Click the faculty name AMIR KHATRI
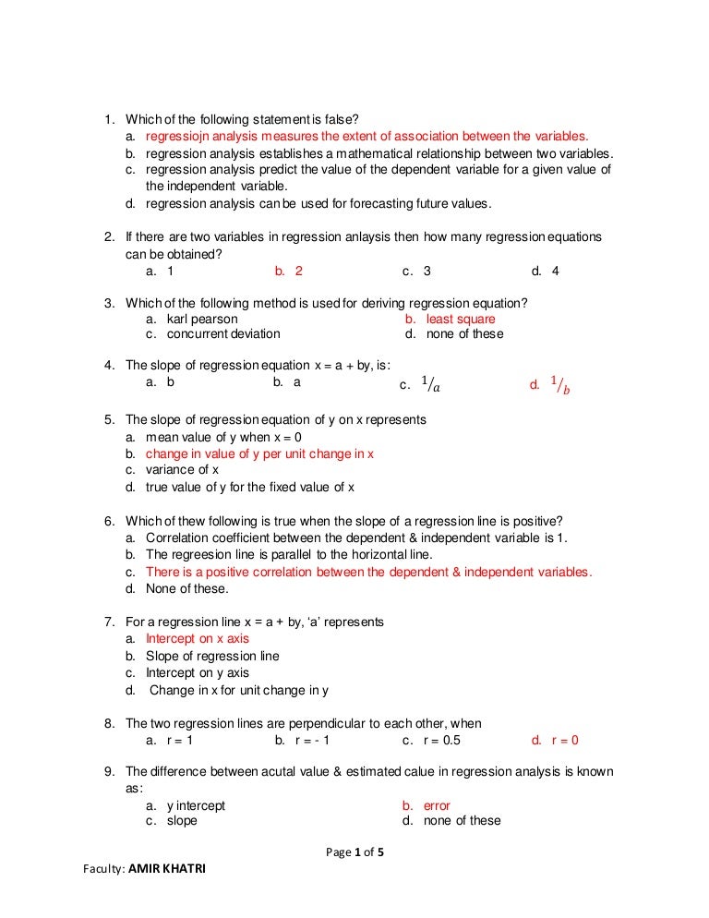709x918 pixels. [x=166, y=869]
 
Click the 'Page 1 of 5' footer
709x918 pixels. [x=354, y=852]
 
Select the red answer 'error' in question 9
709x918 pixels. [x=437, y=805]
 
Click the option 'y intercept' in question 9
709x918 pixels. [x=196, y=805]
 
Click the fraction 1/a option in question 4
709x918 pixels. [x=430, y=386]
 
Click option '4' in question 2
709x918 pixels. [x=555, y=272]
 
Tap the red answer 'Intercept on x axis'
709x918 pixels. [x=197, y=638]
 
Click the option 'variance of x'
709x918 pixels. [x=182, y=470]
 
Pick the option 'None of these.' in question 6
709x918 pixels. [x=186, y=588]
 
